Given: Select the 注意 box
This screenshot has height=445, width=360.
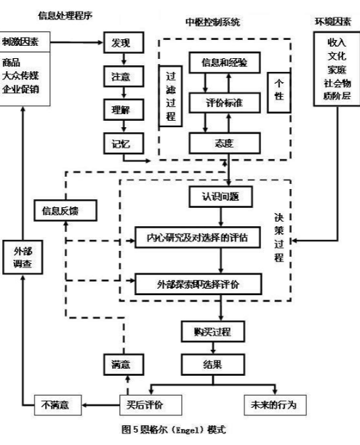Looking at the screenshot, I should (120, 76).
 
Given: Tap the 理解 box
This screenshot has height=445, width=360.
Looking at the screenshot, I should (120, 108).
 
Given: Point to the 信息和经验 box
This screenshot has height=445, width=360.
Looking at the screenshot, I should (225, 63).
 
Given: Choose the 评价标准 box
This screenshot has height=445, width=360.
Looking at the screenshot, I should (225, 103).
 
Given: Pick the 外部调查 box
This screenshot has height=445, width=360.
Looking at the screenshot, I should (23, 257).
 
